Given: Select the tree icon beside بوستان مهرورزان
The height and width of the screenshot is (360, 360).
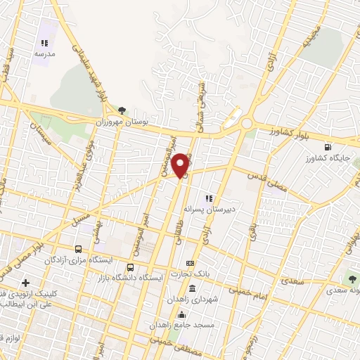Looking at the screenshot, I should (x=122, y=110).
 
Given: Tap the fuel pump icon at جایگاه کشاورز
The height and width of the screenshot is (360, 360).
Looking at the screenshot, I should (x=328, y=147).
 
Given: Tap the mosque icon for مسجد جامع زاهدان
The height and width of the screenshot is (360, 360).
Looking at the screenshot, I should (x=183, y=314).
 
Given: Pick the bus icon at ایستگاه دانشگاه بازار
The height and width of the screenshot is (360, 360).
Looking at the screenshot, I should (x=131, y=267).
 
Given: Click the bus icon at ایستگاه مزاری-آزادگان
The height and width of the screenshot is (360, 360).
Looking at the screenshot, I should (x=79, y=249).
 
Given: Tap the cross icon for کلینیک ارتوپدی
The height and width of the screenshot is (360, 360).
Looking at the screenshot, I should (x=26, y=282).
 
